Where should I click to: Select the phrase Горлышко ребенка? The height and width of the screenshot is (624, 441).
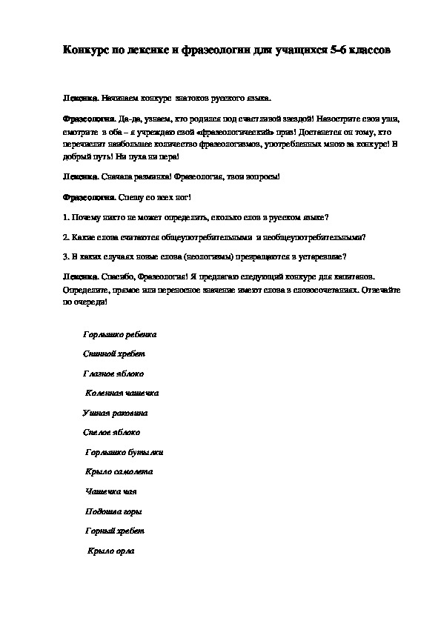click(120, 334)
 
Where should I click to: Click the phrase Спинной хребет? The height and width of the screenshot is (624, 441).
click(114, 354)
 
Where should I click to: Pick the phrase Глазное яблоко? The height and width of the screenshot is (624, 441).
click(113, 374)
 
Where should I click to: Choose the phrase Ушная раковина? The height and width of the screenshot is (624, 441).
click(116, 412)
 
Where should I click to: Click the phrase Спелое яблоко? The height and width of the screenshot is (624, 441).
click(112, 432)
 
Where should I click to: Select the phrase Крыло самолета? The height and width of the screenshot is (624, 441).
click(119, 471)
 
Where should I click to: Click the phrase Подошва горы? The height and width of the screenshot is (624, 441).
click(114, 511)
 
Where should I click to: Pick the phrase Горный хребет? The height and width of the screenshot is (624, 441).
click(115, 531)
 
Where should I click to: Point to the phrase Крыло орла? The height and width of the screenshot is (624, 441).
click(110, 551)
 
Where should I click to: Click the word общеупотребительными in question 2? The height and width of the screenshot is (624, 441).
click(213, 237)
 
